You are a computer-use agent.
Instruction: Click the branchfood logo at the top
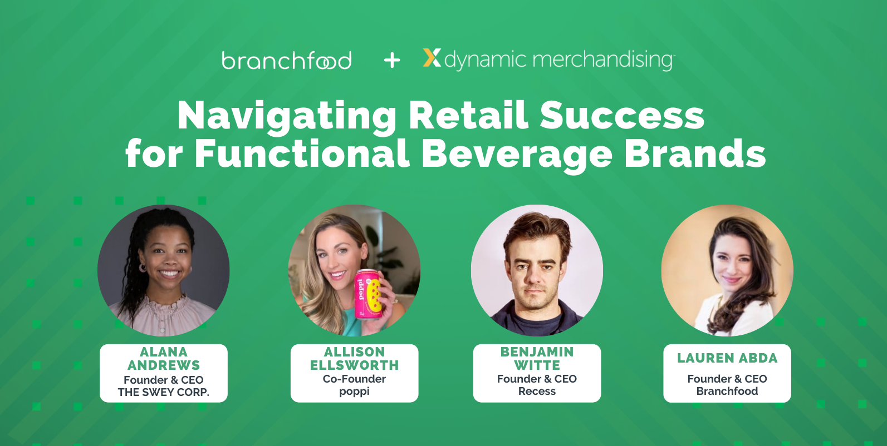[286, 60]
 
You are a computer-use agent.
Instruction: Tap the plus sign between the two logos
[392, 60]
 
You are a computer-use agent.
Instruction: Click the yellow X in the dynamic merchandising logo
[432, 58]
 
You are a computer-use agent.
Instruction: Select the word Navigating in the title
[287, 116]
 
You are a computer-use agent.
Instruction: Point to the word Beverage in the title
[516, 153]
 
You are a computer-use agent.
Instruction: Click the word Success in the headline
[621, 115]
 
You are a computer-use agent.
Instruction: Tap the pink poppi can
[368, 293]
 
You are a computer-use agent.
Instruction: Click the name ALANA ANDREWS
[163, 359]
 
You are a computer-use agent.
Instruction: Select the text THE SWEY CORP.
[163, 392]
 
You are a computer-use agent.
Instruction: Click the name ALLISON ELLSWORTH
[354, 359]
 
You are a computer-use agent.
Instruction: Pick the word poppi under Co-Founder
[354, 392]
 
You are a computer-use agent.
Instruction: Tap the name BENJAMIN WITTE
[537, 359]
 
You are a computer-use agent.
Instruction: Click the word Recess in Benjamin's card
[537, 391]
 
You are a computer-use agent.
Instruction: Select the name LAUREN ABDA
[727, 358]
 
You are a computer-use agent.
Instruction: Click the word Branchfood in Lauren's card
[727, 391]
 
